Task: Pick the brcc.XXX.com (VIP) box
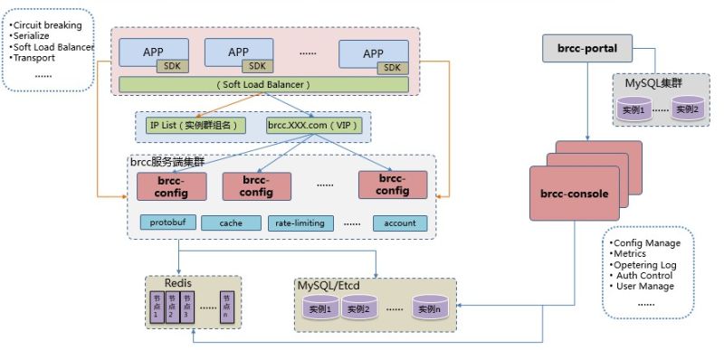[310, 126]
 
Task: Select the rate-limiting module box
[300, 223]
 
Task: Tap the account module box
[399, 223]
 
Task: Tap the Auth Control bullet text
[643, 275]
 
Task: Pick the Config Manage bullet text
[647, 244]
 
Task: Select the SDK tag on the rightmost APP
[391, 67]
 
